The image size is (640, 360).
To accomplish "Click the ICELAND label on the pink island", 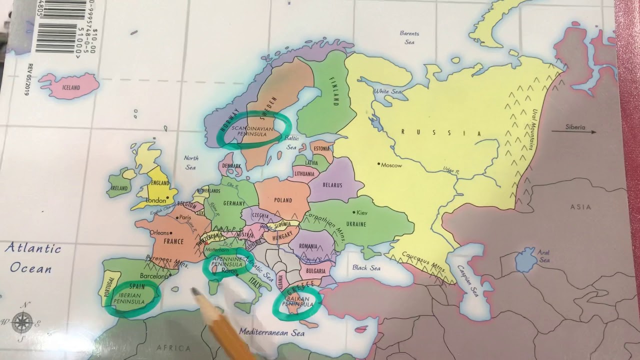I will tap(70, 88).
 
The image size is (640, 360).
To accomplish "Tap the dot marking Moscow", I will tap(379, 164).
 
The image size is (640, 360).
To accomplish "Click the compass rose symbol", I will tap(22, 322).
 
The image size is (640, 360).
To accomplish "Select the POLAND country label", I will tap(282, 200).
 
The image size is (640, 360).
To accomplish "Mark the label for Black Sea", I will tap(366, 268).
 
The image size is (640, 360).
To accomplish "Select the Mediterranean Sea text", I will tap(271, 332).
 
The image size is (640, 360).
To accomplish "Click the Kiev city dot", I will tap(354, 212).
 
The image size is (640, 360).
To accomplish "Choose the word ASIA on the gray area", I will tap(580, 207).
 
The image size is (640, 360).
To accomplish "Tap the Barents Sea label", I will tap(409, 38).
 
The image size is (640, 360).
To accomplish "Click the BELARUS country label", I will tap(332, 185).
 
